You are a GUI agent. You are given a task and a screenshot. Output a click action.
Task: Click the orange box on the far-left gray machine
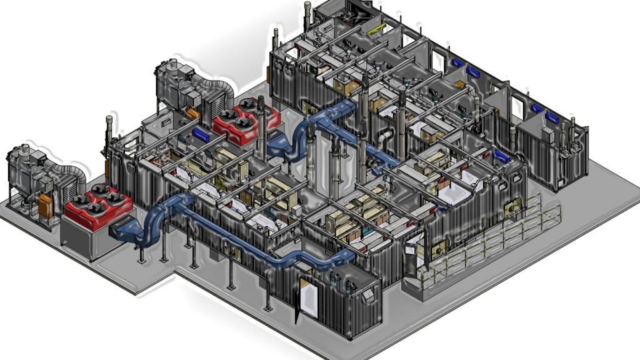(46, 206)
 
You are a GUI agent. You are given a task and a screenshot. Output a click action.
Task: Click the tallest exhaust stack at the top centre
(308, 19)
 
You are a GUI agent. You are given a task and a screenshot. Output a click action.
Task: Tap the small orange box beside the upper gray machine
(192, 113)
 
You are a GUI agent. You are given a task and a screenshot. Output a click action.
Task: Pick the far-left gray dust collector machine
(28, 175)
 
